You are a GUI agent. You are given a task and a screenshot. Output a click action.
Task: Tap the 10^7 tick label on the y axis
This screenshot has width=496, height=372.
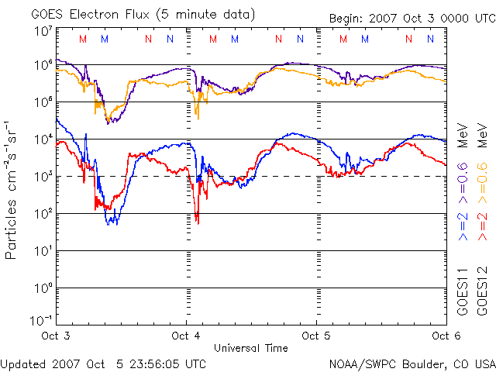point(42,32)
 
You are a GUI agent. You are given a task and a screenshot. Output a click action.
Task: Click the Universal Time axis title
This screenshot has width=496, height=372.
point(251,348)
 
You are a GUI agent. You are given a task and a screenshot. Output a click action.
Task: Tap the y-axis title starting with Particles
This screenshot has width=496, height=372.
point(13,190)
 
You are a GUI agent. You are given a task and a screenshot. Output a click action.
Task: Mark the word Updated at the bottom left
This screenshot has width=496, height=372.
point(24,363)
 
